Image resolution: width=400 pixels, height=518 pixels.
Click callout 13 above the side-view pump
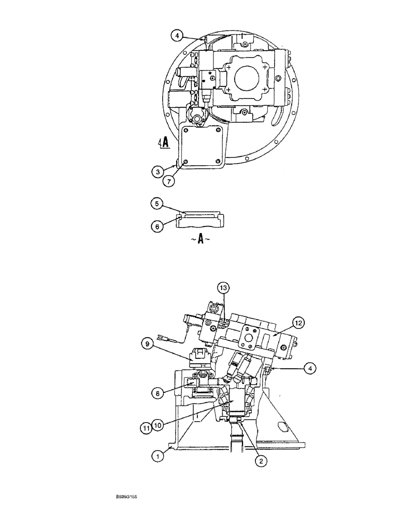(222, 288)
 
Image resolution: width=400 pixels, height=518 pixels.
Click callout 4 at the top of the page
(176, 36)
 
